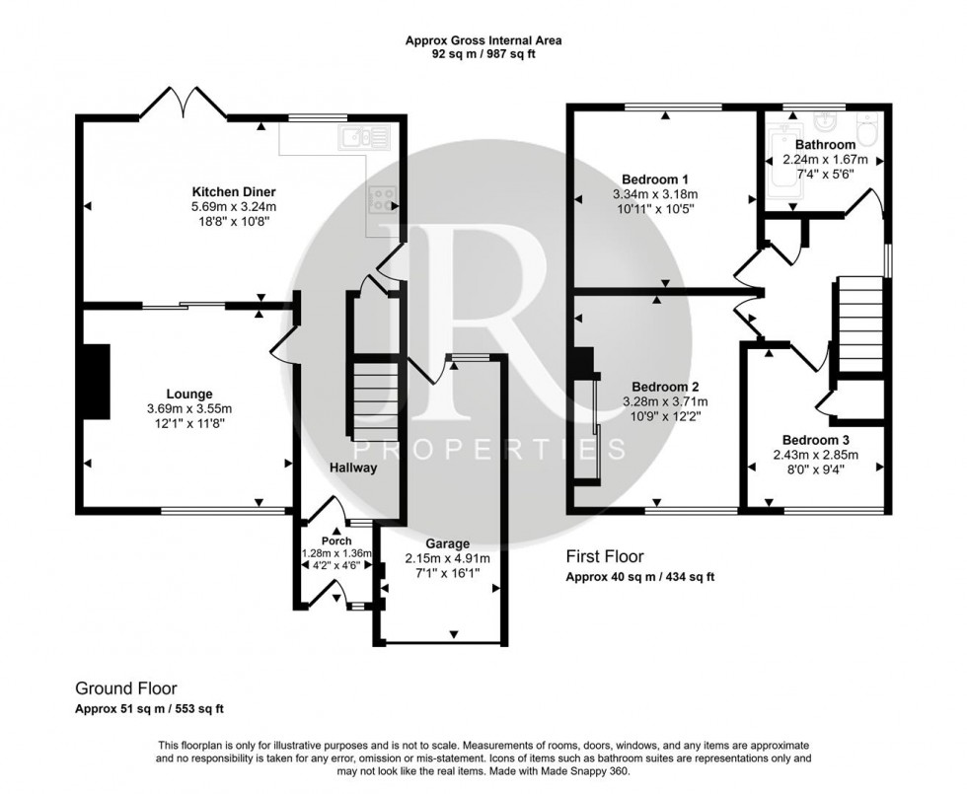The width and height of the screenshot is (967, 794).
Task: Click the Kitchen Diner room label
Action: point(234,191)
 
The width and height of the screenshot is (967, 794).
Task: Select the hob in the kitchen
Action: point(384,199)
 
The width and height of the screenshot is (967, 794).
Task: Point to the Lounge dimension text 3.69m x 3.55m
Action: point(189,408)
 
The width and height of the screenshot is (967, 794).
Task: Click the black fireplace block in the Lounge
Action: point(98,381)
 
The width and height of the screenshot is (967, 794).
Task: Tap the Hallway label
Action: point(353,468)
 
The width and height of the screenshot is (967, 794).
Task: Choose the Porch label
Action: point(336,541)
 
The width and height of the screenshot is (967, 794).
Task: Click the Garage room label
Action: point(448,543)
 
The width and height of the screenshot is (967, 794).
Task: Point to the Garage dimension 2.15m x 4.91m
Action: point(448,559)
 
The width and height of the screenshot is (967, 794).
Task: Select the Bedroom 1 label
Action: point(655,180)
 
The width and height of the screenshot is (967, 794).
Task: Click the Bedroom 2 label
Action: point(665,387)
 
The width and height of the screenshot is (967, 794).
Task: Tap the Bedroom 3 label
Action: point(816,440)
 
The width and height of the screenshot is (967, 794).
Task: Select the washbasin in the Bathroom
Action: point(825,122)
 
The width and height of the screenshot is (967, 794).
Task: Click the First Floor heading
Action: point(604,556)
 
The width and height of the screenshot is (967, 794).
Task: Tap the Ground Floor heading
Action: point(126,688)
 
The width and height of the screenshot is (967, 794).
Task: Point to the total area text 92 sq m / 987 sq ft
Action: point(483,54)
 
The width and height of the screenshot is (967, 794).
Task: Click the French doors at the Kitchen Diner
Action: point(184,103)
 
